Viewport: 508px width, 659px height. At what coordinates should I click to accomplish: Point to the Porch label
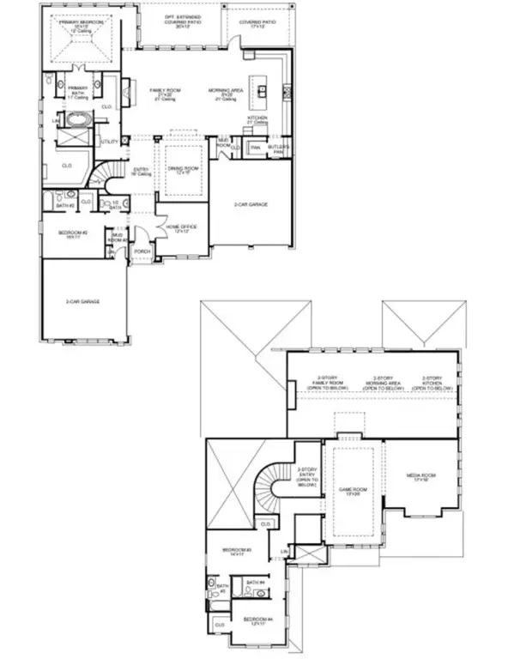coord(142,251)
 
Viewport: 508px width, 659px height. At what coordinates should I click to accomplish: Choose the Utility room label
coord(109,142)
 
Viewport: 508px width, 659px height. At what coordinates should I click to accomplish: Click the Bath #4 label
coord(255,583)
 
